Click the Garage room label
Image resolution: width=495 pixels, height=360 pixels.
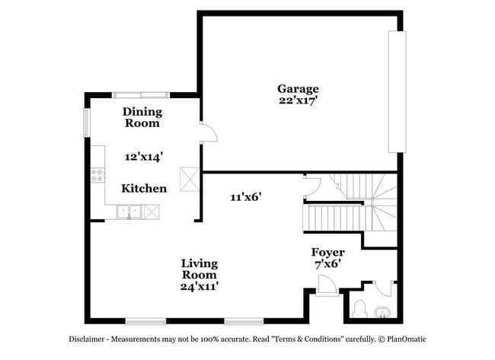(298, 88)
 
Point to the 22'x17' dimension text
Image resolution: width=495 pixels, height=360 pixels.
(298, 99)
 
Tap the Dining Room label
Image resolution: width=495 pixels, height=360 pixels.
(142, 116)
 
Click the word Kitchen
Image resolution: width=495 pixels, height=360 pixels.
(144, 188)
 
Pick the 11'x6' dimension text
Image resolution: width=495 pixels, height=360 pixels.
(246, 196)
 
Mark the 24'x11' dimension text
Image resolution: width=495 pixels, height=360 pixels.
(200, 286)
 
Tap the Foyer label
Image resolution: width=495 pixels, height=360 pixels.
(327, 252)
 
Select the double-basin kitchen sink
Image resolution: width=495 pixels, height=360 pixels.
(129, 212)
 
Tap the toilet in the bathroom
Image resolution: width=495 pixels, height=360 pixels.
(360, 310)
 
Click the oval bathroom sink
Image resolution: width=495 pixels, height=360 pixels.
(382, 311)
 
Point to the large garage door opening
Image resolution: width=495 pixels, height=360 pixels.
(394, 92)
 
